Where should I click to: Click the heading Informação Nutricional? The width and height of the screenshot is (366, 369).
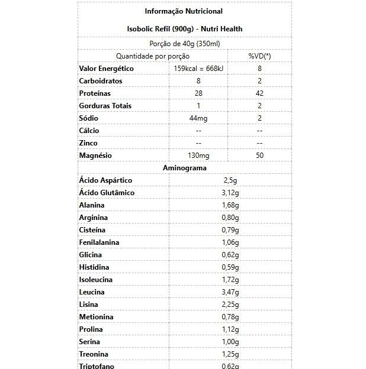[x=184, y=11]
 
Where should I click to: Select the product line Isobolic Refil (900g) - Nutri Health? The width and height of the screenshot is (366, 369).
[x=184, y=28]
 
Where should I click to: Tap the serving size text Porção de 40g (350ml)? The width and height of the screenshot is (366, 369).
[x=184, y=43]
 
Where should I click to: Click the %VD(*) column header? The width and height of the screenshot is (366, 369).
[x=259, y=56]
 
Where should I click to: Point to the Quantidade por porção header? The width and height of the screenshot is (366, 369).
[x=153, y=56]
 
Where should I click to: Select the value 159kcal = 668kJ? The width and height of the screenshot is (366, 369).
[x=198, y=69]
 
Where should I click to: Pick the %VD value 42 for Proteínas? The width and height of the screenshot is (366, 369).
[x=259, y=93]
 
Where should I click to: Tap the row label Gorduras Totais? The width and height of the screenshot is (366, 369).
[x=105, y=106]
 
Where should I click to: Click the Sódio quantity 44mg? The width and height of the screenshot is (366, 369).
[x=198, y=118]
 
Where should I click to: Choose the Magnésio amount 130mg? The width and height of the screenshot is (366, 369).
[x=198, y=156]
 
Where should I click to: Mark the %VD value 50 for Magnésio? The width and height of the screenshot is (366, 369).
[x=259, y=156]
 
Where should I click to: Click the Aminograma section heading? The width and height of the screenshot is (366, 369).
[x=184, y=168]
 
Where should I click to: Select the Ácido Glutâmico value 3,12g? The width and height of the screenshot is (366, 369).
[x=230, y=193]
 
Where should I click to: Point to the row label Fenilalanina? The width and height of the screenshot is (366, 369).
[x=99, y=242]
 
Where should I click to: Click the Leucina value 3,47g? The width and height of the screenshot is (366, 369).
[x=230, y=292]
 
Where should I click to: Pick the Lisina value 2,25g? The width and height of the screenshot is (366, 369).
[x=230, y=305]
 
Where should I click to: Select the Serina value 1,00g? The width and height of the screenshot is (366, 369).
[x=230, y=342]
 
